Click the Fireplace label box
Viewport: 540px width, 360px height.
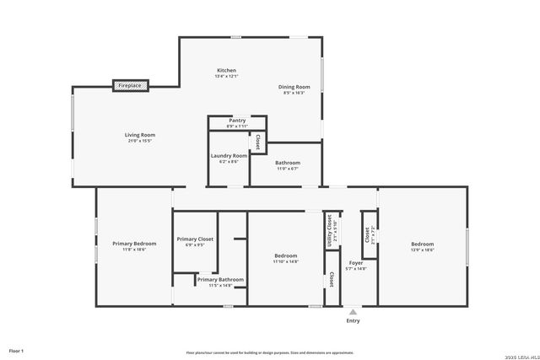[131, 85]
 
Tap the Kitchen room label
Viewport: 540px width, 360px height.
[226, 70]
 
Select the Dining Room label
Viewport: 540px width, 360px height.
[294, 87]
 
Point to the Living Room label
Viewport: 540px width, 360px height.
[140, 135]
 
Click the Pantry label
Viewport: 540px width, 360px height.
[237, 121]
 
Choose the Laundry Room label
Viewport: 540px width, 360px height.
[229, 155]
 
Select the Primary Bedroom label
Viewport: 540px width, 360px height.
[134, 244]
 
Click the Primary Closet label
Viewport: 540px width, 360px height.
[195, 239]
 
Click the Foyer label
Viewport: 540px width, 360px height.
[356, 263]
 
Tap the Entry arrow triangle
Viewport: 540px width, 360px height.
[353, 312]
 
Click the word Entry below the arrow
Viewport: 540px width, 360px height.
[353, 321]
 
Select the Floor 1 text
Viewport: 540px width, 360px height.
[16, 350]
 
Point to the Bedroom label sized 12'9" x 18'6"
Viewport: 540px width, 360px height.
[422, 244]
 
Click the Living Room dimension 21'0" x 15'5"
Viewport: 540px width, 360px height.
[140, 141]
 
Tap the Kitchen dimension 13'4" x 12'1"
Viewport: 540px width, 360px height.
[226, 77]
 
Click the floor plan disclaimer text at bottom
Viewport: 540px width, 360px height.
[270, 352]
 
